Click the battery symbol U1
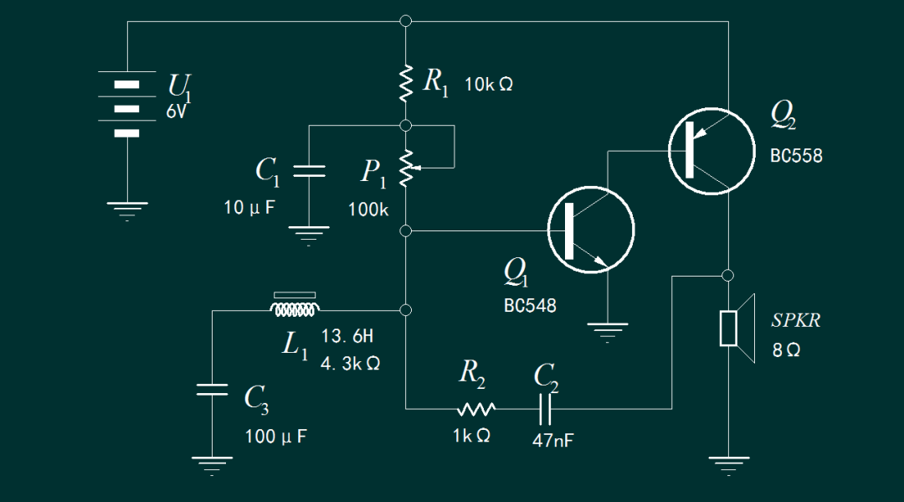pos(126,108)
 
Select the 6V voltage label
pos(177,111)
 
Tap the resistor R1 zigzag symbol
pos(406,82)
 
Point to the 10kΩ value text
pos(488,85)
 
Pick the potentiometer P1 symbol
pos(407,168)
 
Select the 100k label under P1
pos(368,210)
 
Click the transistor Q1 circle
pos(590,230)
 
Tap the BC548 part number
pos(530,306)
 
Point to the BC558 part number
pos(796,156)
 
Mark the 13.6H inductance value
pos(347,337)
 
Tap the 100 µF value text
pos(275,437)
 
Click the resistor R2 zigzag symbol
pos(476,409)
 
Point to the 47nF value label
pos(553,440)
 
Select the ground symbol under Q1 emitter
pos(609,330)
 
